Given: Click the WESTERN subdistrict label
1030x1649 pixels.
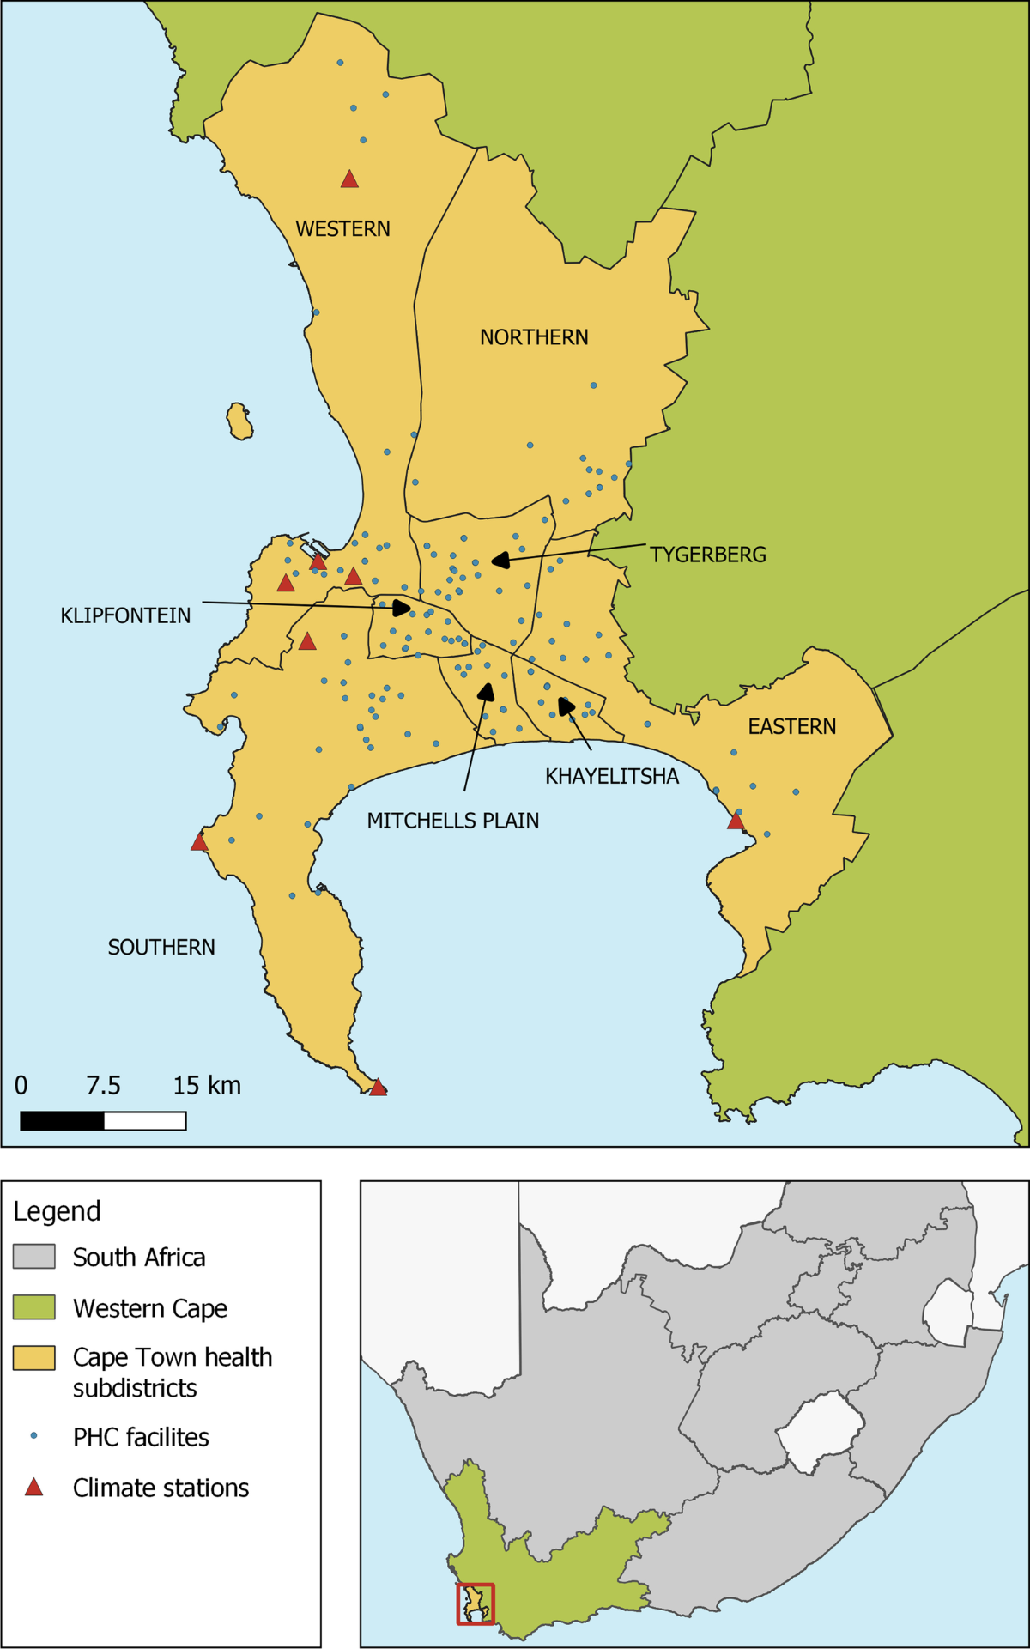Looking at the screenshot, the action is [342, 229].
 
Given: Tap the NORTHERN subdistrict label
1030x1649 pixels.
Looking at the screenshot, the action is [534, 337].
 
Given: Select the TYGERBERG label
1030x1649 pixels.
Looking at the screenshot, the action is [708, 555].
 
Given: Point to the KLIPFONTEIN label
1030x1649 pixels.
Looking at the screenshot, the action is [125, 615].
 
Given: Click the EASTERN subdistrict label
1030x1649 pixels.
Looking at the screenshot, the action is [791, 727].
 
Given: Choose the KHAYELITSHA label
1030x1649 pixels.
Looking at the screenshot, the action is [612, 777].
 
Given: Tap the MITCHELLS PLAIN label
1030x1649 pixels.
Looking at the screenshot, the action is [453, 821].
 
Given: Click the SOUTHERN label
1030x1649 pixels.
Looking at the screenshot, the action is [161, 948].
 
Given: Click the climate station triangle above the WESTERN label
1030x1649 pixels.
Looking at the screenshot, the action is [349, 179].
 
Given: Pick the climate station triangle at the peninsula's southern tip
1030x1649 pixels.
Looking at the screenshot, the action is [378, 1088].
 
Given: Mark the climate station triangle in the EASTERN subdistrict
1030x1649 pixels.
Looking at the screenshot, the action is [736, 821].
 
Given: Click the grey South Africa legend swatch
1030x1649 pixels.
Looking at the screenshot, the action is [34, 1257].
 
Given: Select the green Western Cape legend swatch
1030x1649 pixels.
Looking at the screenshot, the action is [34, 1307].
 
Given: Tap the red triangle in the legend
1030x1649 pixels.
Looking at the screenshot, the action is [33, 1488].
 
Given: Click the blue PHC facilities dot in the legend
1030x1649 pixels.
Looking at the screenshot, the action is [33, 1435].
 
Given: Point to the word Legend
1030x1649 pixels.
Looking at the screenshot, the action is [57, 1211].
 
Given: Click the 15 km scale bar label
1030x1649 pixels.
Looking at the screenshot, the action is [207, 1086].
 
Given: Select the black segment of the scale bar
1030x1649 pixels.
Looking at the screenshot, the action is [62, 1121].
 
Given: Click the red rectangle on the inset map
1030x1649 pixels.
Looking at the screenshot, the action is [476, 1604].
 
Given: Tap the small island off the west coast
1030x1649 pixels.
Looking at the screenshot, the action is [239, 422].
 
